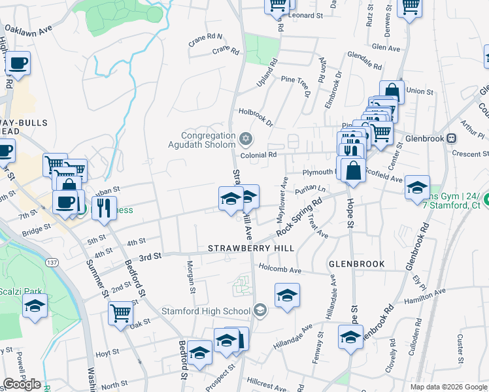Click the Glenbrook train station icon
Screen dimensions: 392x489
[451, 139]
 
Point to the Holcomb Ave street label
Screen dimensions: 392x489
[280, 269]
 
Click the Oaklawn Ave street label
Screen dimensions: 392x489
[27, 31]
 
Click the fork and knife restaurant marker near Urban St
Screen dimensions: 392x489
[104, 207]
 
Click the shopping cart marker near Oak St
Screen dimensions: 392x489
[121, 313]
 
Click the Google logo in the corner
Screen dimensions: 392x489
[22, 384]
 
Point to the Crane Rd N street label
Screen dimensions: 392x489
[206, 37]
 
